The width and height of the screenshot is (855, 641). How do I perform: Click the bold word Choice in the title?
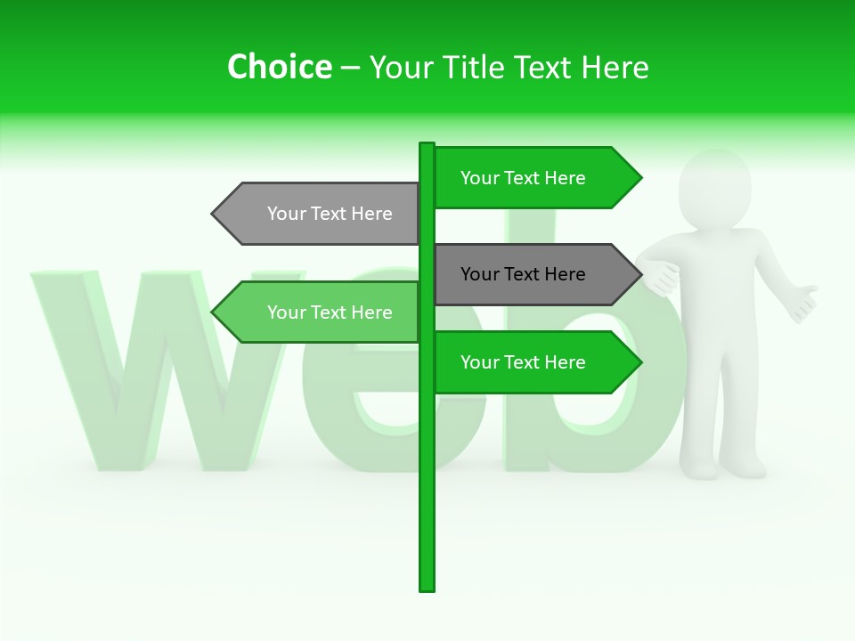tap(279, 68)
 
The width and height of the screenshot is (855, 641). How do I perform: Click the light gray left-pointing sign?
tap(321, 214)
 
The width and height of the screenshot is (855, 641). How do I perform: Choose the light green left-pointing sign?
tap(321, 312)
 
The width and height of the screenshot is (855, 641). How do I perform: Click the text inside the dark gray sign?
tap(523, 274)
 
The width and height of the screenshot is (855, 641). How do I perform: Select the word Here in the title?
tap(615, 68)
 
